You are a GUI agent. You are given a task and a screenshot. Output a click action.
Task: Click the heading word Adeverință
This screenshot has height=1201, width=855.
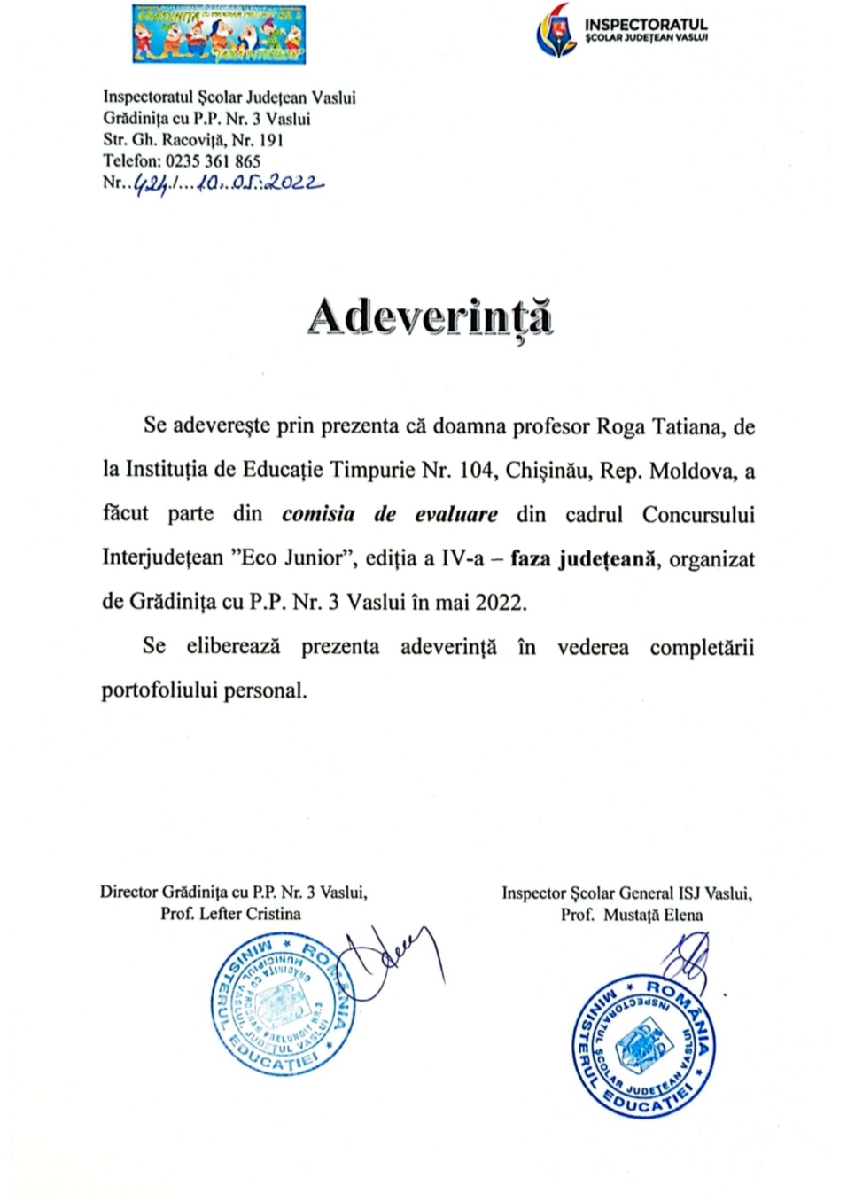click(x=431, y=317)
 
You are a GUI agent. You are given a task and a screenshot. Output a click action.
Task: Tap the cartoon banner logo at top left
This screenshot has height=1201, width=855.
click(x=219, y=34)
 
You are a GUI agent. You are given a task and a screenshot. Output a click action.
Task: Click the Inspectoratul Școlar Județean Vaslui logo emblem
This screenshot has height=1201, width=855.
click(x=556, y=31)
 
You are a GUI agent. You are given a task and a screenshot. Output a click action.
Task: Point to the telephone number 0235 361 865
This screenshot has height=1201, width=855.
click(x=213, y=161)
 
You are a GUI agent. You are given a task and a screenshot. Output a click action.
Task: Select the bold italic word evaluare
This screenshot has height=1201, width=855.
click(x=456, y=514)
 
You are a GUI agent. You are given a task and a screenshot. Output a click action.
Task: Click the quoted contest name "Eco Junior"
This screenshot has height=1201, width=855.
click(x=295, y=558)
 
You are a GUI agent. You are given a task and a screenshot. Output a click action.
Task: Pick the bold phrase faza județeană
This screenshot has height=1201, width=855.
click(x=585, y=558)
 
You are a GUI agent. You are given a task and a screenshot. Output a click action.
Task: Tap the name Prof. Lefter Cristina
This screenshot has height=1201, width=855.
click(x=230, y=914)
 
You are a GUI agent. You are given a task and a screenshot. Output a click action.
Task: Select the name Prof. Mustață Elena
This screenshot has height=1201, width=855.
click(x=632, y=915)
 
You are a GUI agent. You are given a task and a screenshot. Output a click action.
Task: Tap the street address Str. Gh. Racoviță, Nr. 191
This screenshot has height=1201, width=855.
click(x=193, y=140)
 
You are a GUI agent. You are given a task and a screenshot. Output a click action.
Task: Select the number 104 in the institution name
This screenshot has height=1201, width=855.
click(x=476, y=470)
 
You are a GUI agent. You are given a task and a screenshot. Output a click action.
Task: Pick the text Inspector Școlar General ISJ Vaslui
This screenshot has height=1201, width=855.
click(x=626, y=893)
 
